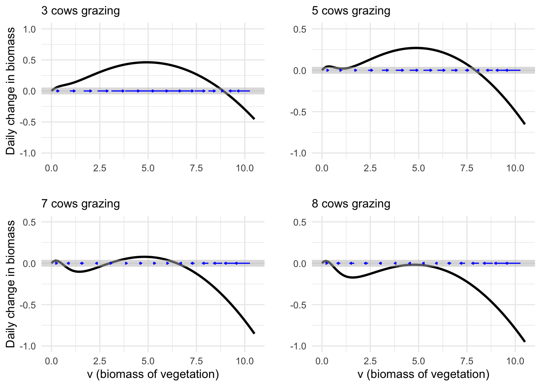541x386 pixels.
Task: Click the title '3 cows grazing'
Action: pyautogui.click(x=81, y=11)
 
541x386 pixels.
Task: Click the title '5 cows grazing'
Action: pyautogui.click(x=351, y=11)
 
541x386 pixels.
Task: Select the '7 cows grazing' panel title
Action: pyautogui.click(x=81, y=204)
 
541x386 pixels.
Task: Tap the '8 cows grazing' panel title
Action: pyautogui.click(x=351, y=204)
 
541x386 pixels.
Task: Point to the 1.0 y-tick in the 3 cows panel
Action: pyautogui.click(x=29, y=29)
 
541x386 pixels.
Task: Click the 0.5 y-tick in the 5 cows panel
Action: pyautogui.click(x=300, y=29)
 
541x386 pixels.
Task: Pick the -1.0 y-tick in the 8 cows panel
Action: pyautogui.click(x=298, y=346)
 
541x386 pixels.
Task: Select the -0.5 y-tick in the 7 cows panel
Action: pyautogui.click(x=28, y=305)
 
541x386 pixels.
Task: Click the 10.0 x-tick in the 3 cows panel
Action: pyautogui.click(x=245, y=168)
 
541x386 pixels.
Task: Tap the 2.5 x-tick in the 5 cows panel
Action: pyautogui.click(x=370, y=168)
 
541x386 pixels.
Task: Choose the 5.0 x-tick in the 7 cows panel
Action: pyautogui.click(x=148, y=361)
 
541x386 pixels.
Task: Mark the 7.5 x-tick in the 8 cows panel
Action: pyautogui.click(x=467, y=361)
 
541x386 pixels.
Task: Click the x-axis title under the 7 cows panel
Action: pyautogui.click(x=153, y=374)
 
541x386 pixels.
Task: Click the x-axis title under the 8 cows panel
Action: pyautogui.click(x=423, y=374)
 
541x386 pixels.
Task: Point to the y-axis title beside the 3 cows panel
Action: pyautogui.click(x=11, y=91)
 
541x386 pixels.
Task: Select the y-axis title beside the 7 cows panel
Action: pyautogui.click(x=11, y=284)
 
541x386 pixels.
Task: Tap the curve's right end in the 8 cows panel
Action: pyautogui.click(x=525, y=342)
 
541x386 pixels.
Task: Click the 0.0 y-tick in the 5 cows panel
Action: pyautogui.click(x=300, y=70)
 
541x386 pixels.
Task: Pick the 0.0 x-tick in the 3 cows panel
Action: pyautogui.click(x=52, y=168)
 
